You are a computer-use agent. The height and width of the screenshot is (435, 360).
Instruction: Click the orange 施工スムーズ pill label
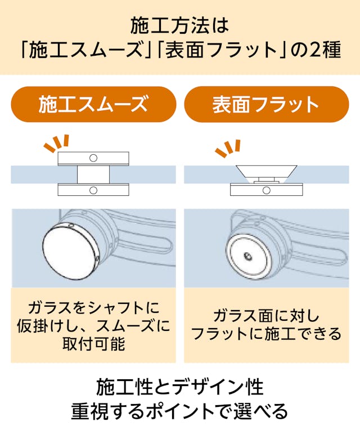[93, 105]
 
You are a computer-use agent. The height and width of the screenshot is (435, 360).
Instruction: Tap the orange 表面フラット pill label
[266, 105]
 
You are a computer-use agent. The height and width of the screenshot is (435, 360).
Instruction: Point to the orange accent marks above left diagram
[57, 143]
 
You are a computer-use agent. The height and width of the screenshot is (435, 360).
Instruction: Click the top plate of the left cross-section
[93, 158]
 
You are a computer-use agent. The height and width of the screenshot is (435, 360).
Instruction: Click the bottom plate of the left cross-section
[93, 190]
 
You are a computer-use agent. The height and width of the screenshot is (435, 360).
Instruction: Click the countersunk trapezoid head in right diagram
[267, 171]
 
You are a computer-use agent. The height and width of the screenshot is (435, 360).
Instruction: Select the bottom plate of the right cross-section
[267, 190]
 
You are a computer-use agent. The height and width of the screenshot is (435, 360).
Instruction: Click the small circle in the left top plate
[93, 158]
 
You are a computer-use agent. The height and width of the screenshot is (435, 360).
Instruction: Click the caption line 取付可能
[93, 344]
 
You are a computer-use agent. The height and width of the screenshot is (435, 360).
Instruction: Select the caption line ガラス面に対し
[266, 315]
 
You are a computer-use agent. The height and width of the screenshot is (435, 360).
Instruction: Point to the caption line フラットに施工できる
[266, 334]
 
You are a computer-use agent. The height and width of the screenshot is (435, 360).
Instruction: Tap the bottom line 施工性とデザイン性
[179, 388]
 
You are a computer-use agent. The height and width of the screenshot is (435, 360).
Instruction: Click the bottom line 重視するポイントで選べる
[179, 411]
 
